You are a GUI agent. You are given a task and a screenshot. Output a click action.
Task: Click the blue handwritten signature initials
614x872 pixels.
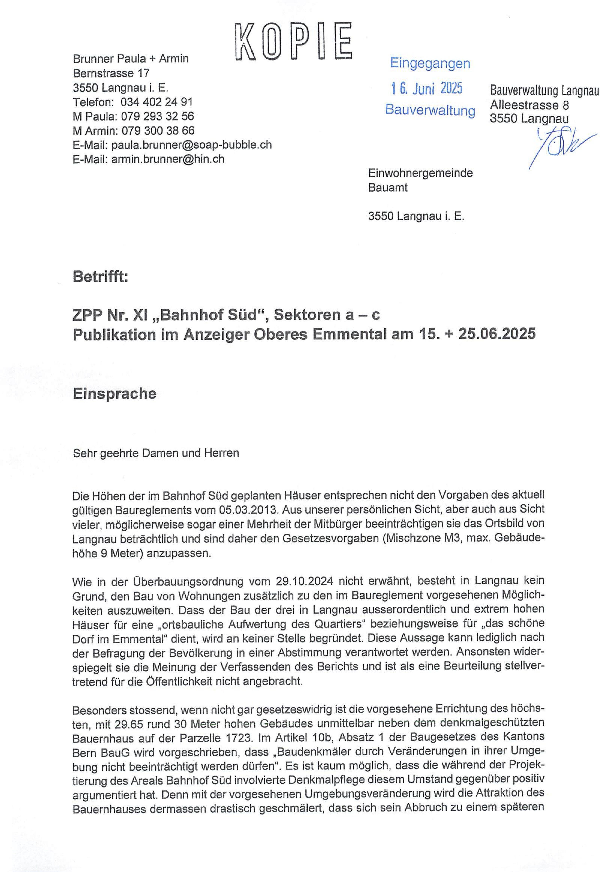pos(558,146)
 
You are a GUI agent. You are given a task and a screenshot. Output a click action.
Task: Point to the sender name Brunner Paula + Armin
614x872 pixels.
pos(131,59)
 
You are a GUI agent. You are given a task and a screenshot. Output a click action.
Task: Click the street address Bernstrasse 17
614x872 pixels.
pos(111,73)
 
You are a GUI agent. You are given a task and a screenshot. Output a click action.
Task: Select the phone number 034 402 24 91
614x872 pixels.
pos(156,102)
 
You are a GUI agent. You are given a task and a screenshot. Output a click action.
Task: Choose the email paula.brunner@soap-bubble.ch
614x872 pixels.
pos(191,145)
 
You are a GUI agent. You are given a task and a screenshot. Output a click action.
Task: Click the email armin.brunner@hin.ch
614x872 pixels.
pos(168,159)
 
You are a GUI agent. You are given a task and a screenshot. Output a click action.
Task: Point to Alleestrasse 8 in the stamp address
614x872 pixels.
pos(529,105)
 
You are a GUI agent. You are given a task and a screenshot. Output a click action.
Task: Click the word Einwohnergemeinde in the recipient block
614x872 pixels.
pos(420,173)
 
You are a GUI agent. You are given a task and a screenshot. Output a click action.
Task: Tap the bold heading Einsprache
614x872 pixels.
pos(114,394)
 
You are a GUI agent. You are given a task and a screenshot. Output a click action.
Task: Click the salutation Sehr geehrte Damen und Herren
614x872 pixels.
pos(156,453)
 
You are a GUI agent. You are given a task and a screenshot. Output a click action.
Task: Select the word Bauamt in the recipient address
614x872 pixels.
pos(388,188)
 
